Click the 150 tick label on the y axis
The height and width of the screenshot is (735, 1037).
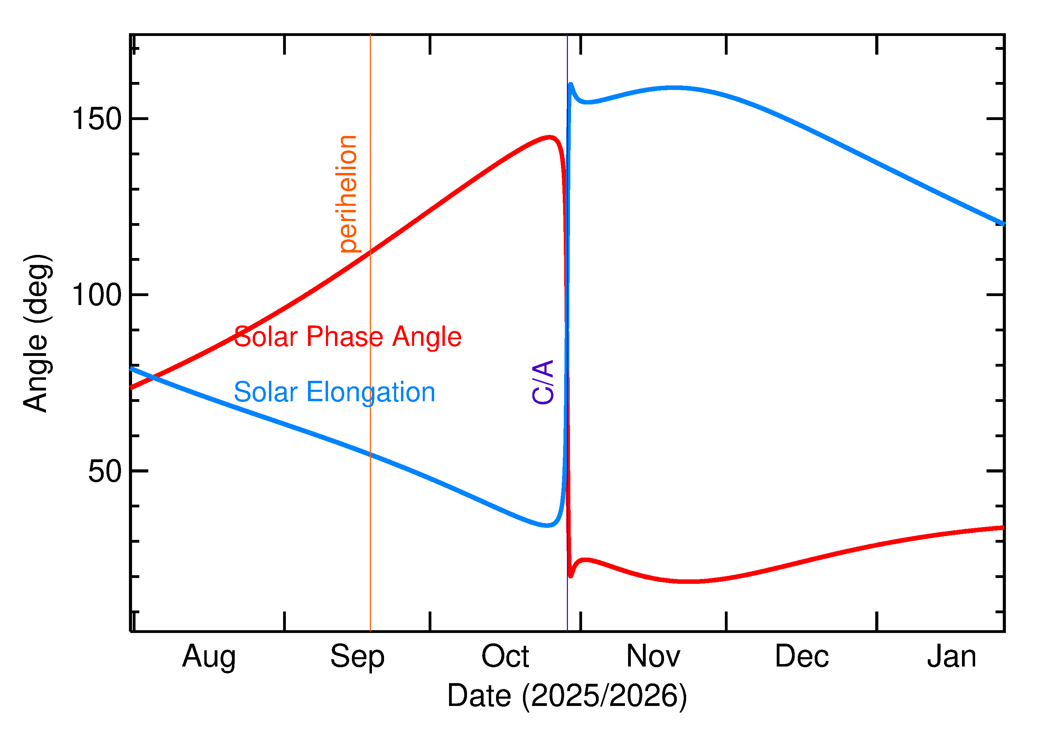click(x=97, y=119)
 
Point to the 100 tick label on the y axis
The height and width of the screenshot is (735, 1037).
click(x=97, y=295)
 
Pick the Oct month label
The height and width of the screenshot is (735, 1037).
click(x=505, y=656)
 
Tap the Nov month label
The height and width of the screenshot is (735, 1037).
click(x=654, y=656)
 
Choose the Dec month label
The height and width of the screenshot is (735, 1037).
click(x=802, y=656)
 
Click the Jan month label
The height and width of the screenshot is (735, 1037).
click(x=952, y=656)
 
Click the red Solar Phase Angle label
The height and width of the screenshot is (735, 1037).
click(x=347, y=337)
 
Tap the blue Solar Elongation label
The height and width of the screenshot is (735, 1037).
click(x=334, y=392)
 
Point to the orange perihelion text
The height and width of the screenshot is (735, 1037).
click(x=347, y=194)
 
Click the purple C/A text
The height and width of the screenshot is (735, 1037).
click(x=543, y=382)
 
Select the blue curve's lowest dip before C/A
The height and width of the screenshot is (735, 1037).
click(x=547, y=525)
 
